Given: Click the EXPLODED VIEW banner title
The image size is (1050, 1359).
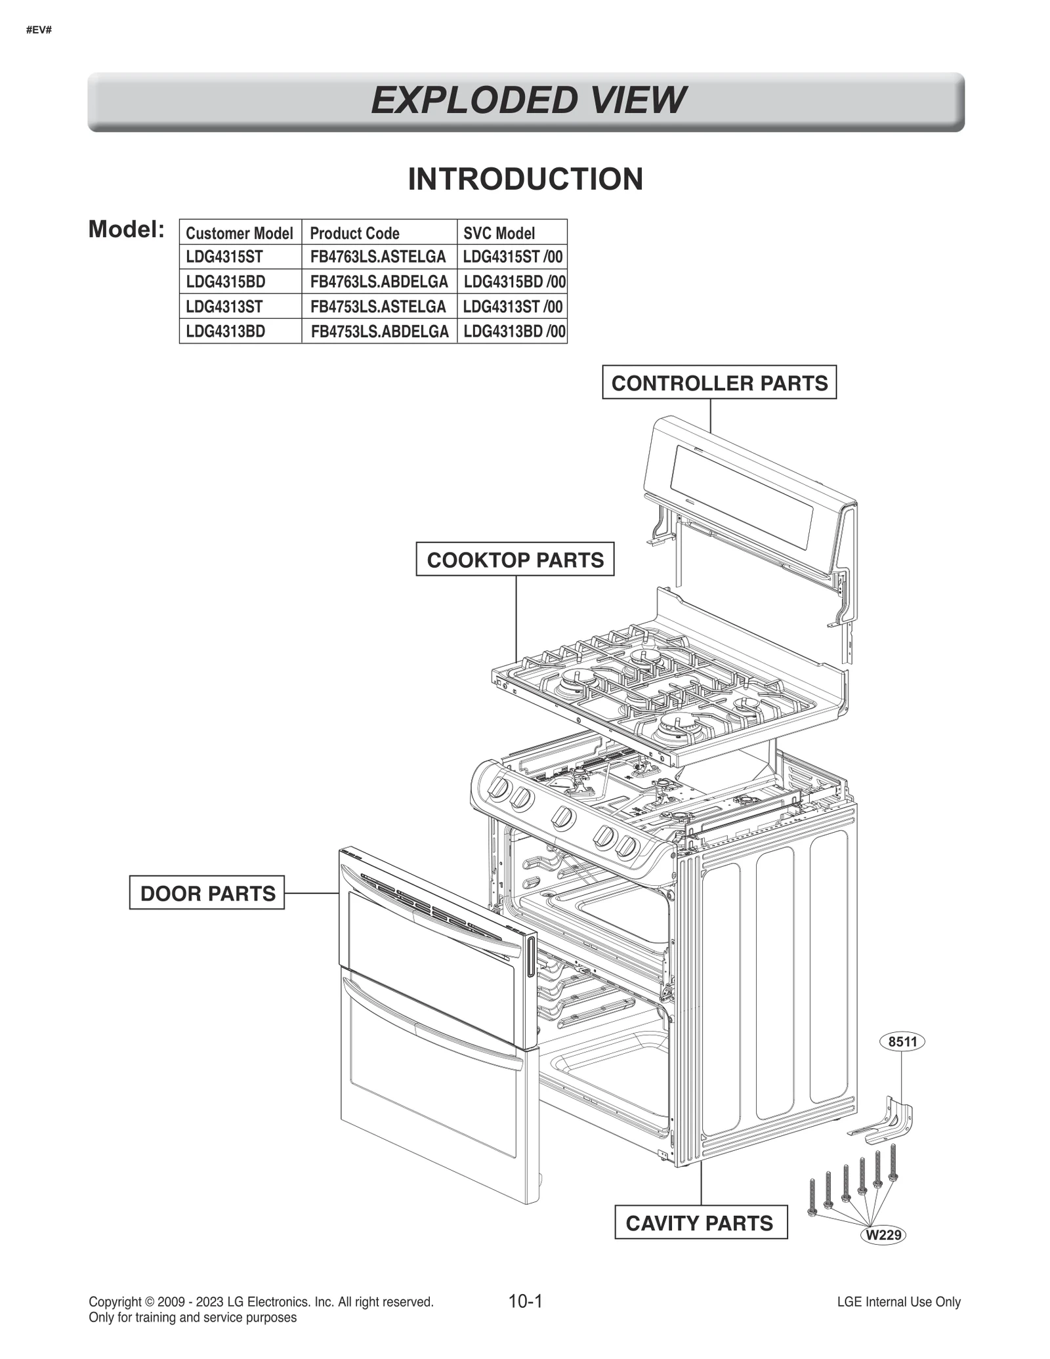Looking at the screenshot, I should (x=527, y=100).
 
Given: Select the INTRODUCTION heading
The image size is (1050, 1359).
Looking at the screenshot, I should (x=525, y=179).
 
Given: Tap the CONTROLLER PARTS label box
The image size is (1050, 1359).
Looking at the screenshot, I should (x=719, y=383).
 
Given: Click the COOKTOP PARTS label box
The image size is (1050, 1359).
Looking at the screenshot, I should (x=514, y=560).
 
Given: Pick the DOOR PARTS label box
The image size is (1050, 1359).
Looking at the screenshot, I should (x=207, y=893).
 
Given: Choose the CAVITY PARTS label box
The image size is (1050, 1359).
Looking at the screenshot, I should (x=700, y=1223).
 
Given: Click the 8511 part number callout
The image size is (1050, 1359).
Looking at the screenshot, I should (x=902, y=1042).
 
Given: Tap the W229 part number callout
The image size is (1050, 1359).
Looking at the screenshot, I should (x=883, y=1235).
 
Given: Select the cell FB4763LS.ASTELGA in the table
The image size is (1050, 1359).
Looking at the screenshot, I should (x=378, y=257).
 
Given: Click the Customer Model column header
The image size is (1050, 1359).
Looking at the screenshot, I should (x=239, y=233).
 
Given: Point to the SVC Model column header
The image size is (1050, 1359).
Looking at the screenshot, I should (x=499, y=233).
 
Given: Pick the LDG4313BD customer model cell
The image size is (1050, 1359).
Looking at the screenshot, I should (x=226, y=331).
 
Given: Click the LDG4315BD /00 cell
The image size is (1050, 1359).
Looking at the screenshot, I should (x=514, y=282).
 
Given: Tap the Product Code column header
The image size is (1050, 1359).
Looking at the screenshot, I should (x=354, y=233).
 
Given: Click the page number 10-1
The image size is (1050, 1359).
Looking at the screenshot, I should (x=525, y=1301).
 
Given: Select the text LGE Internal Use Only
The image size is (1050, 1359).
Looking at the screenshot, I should (x=898, y=1302).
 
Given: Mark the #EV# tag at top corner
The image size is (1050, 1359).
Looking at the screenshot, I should (x=39, y=30).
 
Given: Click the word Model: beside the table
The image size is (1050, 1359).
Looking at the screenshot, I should (x=126, y=230).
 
